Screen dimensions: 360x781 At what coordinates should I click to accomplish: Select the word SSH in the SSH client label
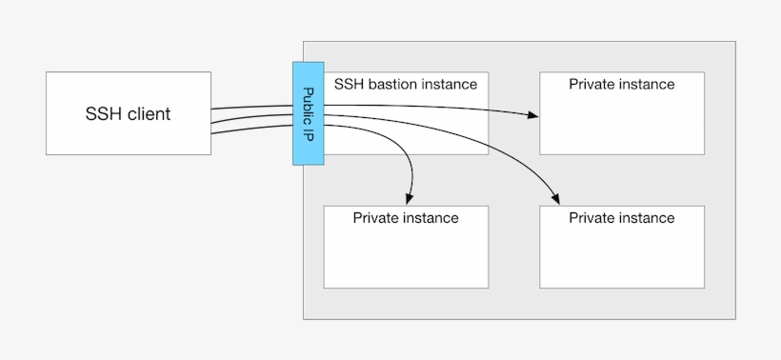101,114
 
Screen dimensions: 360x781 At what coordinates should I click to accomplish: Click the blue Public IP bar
309,113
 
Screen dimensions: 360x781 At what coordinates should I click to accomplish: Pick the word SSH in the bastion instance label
349,84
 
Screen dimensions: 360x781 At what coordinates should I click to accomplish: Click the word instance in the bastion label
448,84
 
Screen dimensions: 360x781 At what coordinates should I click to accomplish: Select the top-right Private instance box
622,124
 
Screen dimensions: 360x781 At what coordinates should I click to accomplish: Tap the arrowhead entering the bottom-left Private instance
410,198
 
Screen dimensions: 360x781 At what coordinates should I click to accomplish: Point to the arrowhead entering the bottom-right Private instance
556,198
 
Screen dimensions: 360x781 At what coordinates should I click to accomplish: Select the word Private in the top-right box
591,84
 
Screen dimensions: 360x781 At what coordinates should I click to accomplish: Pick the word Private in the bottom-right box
591,218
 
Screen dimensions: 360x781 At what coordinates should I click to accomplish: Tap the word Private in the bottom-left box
375,218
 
